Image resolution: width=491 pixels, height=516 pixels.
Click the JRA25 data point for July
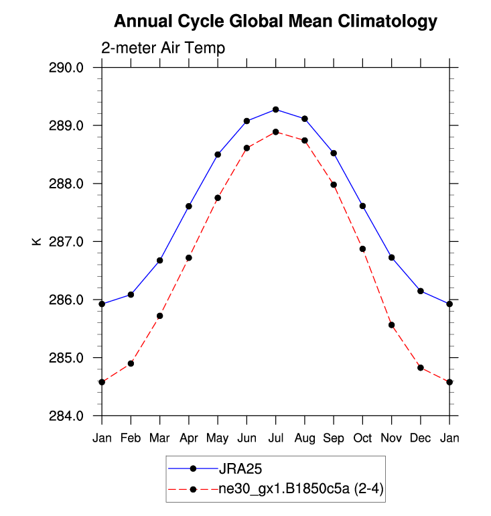[276, 109]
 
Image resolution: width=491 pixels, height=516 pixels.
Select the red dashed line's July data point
[276, 132]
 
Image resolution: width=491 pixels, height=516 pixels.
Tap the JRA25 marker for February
[131, 294]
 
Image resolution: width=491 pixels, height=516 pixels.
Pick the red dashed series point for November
[392, 325]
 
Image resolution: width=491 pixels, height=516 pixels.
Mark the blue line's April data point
[189, 206]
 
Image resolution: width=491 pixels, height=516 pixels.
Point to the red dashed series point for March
[160, 316]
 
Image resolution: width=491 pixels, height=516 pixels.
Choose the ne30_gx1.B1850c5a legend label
[300, 489]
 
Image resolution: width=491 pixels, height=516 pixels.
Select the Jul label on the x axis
[276, 438]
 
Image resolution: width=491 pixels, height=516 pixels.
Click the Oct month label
[362, 438]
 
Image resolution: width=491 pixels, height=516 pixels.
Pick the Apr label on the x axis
[189, 438]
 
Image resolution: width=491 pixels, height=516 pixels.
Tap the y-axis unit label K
[37, 241]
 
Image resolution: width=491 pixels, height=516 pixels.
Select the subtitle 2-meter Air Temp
[163, 48]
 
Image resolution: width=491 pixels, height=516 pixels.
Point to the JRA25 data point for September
[334, 153]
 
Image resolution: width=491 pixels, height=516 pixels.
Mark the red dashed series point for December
[421, 368]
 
